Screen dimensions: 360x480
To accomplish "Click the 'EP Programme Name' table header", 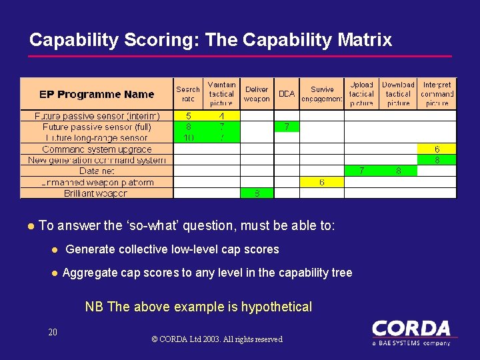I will point(97,95).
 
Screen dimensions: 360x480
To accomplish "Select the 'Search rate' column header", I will point(188,94).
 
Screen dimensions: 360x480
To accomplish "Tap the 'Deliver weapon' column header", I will point(257,94).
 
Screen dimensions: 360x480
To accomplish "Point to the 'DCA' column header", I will point(287,94).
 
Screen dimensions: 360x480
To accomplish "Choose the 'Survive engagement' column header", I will point(322,94).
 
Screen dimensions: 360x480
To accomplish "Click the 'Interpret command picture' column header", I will point(437,94).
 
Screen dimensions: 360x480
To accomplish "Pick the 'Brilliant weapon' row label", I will point(95,193).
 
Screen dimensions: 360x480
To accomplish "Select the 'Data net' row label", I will point(97,171).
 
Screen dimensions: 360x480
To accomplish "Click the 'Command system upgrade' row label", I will point(97,149).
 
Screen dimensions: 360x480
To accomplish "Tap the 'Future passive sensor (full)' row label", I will point(97,127).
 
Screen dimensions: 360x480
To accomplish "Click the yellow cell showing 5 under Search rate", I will point(188,116).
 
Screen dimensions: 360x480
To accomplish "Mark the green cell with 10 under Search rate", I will point(188,138).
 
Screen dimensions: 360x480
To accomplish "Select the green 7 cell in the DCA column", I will point(287,127).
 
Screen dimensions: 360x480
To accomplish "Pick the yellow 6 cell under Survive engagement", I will point(322,182).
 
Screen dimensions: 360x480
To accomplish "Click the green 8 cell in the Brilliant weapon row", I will point(257,193).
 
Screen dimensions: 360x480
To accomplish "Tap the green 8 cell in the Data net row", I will point(399,171).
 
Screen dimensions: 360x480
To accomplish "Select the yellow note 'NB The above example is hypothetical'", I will point(198,307).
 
